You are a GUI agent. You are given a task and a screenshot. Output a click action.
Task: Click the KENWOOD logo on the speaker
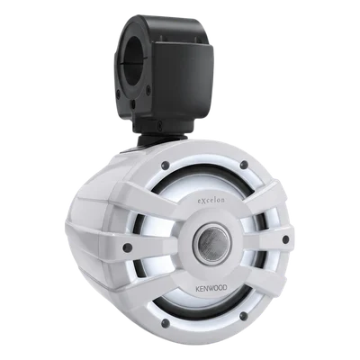(211, 288)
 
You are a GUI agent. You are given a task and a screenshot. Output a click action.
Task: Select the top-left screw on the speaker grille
(165, 165)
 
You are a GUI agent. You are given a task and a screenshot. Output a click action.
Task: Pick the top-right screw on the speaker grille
(245, 165)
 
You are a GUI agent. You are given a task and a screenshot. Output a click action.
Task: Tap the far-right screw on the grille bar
(285, 239)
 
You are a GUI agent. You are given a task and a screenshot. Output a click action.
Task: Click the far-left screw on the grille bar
(128, 247)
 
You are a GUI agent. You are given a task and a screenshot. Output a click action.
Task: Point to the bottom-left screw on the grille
(165, 323)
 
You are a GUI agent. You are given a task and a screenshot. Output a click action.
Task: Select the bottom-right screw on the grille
(245, 316)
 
